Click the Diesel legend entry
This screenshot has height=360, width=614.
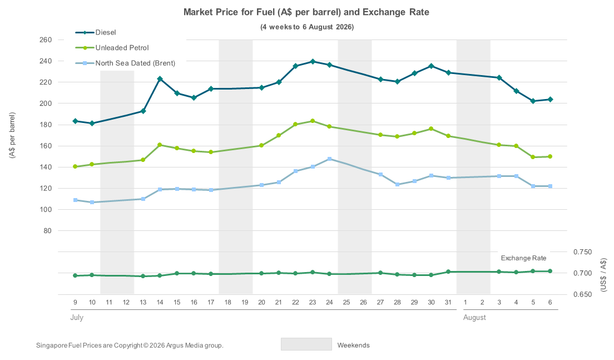[96, 32]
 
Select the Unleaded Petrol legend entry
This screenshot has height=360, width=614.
[112, 48]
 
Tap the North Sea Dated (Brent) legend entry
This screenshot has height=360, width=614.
[125, 63]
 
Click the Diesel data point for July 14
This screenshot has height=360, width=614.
[160, 79]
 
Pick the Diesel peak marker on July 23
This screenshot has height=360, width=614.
[313, 62]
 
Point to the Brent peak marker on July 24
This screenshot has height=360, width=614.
[329, 159]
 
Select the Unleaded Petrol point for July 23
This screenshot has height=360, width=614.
[313, 121]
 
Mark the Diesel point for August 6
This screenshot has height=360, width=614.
[550, 100]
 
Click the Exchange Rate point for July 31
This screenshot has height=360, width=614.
[448, 272]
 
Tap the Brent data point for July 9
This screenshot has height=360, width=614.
[75, 200]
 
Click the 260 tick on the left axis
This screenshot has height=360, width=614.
[46, 40]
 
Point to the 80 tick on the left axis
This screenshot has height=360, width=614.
[47, 231]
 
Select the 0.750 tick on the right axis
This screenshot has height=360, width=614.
[583, 252]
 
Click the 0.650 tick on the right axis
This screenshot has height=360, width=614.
[583, 294]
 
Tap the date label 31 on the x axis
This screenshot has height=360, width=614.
[448, 303]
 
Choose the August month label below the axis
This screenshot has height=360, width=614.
[474, 318]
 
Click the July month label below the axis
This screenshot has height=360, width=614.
[77, 317]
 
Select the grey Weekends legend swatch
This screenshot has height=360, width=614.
[306, 344]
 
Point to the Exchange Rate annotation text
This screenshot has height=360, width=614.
[523, 258]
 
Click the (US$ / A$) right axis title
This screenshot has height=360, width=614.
[603, 275]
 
